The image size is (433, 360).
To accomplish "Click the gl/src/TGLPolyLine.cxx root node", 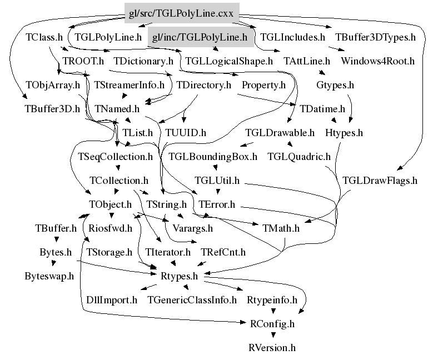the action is pos(182,13).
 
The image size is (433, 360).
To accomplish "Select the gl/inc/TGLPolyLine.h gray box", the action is pos(201,37).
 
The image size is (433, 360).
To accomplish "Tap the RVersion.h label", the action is pos(272,348).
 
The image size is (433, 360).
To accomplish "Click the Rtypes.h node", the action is pos(179,276).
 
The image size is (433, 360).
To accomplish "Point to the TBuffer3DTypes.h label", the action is pos(375,37).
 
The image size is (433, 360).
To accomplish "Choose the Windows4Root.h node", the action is pos(378,61).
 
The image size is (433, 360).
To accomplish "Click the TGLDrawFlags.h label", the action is pos(380,181).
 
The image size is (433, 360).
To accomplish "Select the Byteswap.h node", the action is pos(49,276).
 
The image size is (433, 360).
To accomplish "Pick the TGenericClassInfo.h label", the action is pos(192,300).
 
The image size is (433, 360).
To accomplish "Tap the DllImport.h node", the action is pos(112,300).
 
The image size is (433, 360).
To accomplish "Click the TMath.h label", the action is pos(281,228).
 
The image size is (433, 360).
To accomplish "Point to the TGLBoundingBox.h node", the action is pos(213,157).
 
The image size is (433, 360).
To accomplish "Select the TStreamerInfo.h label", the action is pos(130,85).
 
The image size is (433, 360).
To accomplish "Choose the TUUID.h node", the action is pos(186,133).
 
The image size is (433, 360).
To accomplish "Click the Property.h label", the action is pos(263,85).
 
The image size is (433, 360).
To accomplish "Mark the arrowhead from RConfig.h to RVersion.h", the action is pos(273,335).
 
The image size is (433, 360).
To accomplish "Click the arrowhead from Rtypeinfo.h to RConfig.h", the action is pos(273,311).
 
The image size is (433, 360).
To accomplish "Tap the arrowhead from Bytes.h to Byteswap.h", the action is pos(53,264).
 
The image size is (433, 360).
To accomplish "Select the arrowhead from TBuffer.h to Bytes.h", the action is pos(57,239).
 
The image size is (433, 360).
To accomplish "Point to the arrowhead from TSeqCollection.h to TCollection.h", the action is pos(118,168).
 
